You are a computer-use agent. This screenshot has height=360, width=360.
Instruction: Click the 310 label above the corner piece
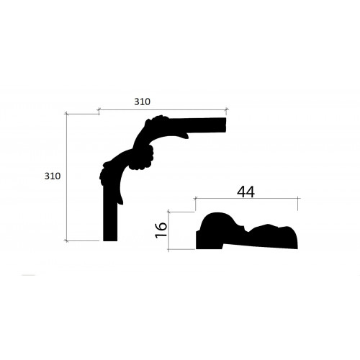click(x=142, y=102)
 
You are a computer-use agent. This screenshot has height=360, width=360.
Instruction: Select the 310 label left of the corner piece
click(x=53, y=176)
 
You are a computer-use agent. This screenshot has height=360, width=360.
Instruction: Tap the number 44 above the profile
click(x=246, y=192)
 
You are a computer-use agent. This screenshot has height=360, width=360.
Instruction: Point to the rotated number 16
click(x=161, y=230)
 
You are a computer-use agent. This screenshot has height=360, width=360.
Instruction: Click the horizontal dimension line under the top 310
click(x=163, y=110)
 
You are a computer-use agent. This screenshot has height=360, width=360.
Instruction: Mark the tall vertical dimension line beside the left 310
click(x=66, y=177)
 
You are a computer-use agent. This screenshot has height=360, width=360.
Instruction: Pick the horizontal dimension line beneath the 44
click(x=247, y=199)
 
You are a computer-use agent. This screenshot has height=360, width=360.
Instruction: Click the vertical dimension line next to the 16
click(x=168, y=231)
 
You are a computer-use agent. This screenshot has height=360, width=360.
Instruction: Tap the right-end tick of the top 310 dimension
click(x=226, y=110)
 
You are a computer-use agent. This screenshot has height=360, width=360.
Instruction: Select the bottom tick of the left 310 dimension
click(x=66, y=240)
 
